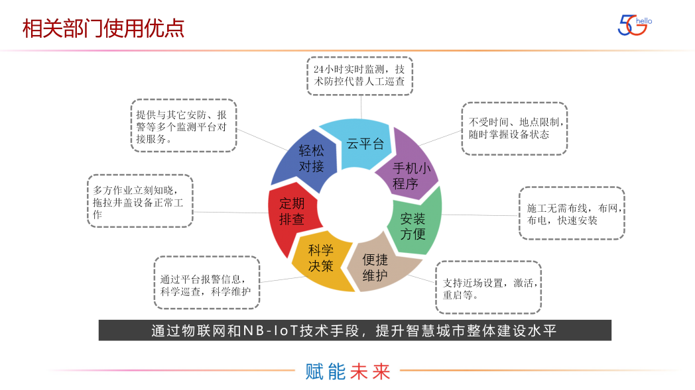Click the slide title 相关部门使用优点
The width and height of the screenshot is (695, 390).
point(103,28)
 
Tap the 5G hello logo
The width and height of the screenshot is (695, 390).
point(634,25)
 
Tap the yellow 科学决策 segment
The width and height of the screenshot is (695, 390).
point(320,260)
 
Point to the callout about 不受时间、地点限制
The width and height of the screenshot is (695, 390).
point(514,128)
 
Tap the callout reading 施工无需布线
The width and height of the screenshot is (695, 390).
point(571,213)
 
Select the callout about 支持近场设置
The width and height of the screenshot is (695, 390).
point(488,287)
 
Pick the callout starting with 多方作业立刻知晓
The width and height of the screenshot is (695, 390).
point(139,201)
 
